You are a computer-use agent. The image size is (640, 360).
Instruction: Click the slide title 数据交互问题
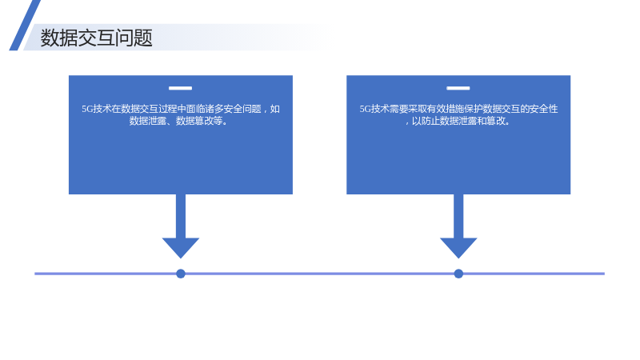pos(96,38)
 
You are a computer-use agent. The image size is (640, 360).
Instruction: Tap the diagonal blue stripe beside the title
pos(25,26)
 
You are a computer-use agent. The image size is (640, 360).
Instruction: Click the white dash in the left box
pos(181,88)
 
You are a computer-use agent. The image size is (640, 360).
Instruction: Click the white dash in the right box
pos(458,88)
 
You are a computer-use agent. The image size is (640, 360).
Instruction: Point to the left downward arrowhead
pos(181,247)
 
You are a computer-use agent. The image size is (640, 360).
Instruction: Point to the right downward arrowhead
pos(458,247)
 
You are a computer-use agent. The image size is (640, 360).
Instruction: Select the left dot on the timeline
pos(181,274)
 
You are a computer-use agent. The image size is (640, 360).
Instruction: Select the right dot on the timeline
pos(458,274)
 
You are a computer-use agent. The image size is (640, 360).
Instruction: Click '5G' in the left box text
pos(87,109)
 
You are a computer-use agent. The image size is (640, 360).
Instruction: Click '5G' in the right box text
pos(366,109)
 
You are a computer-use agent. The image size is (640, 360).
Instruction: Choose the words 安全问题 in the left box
pos(242,109)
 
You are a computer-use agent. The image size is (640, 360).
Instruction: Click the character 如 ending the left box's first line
pos(275,109)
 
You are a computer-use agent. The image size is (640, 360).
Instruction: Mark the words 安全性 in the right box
pos(544,109)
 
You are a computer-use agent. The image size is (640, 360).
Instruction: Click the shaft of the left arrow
pos(181,216)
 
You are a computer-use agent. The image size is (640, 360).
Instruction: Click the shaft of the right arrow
pos(458,216)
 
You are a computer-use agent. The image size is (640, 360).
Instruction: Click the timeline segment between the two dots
pos(319,274)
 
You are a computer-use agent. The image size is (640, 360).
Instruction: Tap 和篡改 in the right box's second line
pos(491,121)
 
